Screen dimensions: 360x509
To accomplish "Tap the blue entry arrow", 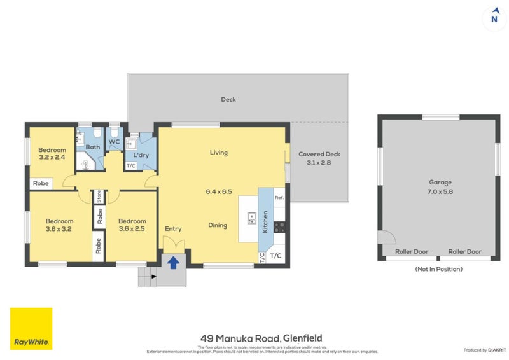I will pos(172,261).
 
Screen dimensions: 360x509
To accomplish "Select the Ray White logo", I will pos(31,329).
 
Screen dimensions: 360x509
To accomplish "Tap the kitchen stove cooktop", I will pos(279,226).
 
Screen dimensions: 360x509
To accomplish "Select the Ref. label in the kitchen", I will pos(279,198).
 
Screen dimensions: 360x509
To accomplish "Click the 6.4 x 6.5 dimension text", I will pos(218,191).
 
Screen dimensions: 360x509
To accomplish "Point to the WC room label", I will pos(115,142).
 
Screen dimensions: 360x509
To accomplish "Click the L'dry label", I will pos(140,155).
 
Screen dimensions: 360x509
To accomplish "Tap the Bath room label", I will pos(93,147).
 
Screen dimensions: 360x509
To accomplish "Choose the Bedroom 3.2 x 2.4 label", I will pos(52,153).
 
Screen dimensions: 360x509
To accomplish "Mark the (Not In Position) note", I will pos(438,269).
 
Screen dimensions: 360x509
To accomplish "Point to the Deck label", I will pos(228,99).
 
